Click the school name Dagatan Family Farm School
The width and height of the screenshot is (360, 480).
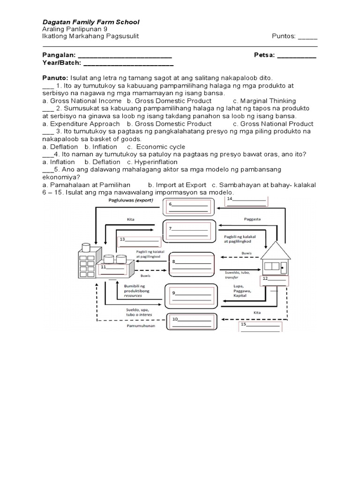91,22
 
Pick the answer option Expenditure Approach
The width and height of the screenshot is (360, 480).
81,124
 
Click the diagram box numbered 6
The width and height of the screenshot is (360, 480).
188,207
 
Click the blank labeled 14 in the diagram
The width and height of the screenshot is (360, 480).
247,202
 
